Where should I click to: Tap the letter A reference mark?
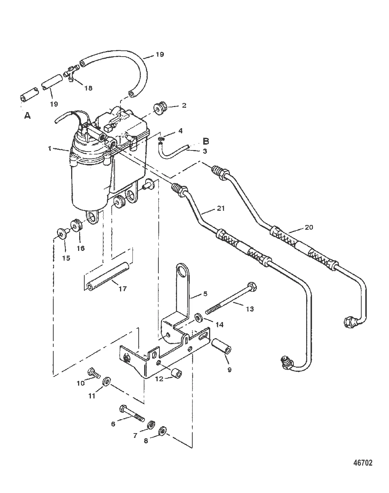[27, 116]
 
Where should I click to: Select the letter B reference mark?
[206, 141]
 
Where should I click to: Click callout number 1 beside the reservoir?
[50, 149]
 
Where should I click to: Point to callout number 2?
[184, 106]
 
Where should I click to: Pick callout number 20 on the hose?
[309, 227]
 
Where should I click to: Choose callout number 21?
[221, 209]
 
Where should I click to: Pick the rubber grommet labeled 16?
[78, 226]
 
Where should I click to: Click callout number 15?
[66, 259]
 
